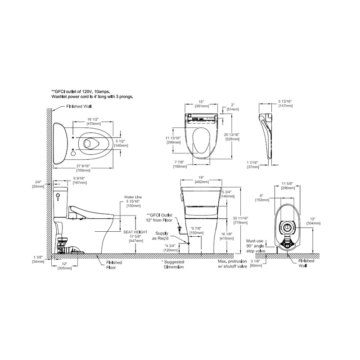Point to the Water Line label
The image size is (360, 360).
coord(133,197)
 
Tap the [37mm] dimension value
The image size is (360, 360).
coord(253,166)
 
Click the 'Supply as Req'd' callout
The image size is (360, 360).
coord(162,236)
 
